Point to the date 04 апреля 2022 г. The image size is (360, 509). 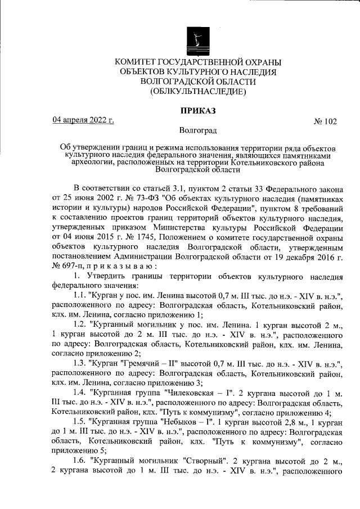tap(83, 120)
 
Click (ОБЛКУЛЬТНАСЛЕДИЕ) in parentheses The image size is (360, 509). tap(198, 91)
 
